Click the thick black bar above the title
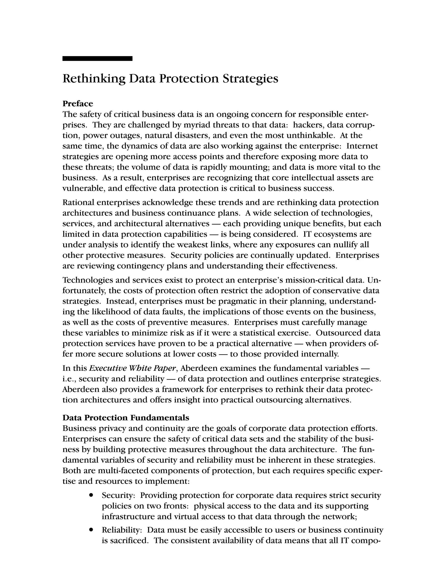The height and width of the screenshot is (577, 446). [97, 59]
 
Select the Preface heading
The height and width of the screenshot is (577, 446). [78, 104]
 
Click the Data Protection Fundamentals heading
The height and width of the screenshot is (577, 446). [126, 418]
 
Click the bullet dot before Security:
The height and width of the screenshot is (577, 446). [91, 495]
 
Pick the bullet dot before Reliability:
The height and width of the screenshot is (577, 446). [91, 530]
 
